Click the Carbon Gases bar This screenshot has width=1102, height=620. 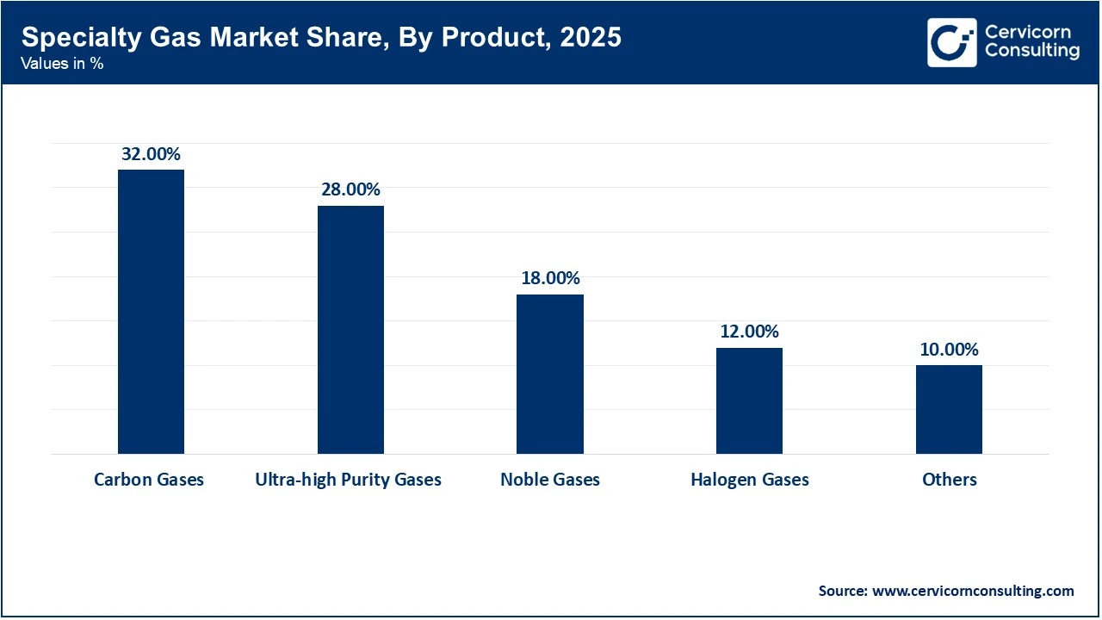(x=151, y=312)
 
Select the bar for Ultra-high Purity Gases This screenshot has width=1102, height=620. (x=350, y=330)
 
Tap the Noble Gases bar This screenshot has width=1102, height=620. (x=549, y=374)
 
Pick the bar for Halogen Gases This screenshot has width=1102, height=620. (x=749, y=400)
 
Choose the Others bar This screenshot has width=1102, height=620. (x=949, y=409)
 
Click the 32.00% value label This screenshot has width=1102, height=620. (x=151, y=155)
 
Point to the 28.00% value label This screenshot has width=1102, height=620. (x=350, y=190)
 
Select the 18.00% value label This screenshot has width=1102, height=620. (x=550, y=279)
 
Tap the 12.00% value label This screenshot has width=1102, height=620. (x=749, y=332)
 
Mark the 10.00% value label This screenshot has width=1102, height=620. (x=949, y=350)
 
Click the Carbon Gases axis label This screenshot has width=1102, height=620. (x=149, y=480)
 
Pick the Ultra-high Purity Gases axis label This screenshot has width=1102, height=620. (x=348, y=480)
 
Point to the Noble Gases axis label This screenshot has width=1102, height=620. (x=550, y=480)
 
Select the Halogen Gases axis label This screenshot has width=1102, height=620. (x=749, y=480)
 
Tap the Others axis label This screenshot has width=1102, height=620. (x=950, y=480)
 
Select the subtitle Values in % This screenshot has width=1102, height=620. (x=62, y=64)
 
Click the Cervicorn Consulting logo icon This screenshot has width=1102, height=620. (x=951, y=42)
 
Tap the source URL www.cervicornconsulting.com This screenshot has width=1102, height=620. (x=972, y=591)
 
